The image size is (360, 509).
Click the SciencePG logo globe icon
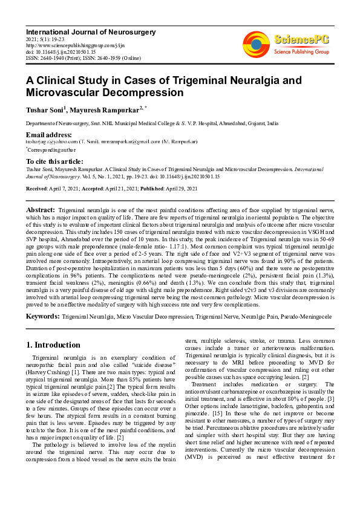point(257,43)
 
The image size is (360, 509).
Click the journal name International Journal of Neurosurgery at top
point(90,31)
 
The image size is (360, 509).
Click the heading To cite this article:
point(54,161)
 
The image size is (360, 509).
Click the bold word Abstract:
point(41,209)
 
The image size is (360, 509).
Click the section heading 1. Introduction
point(53,345)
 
